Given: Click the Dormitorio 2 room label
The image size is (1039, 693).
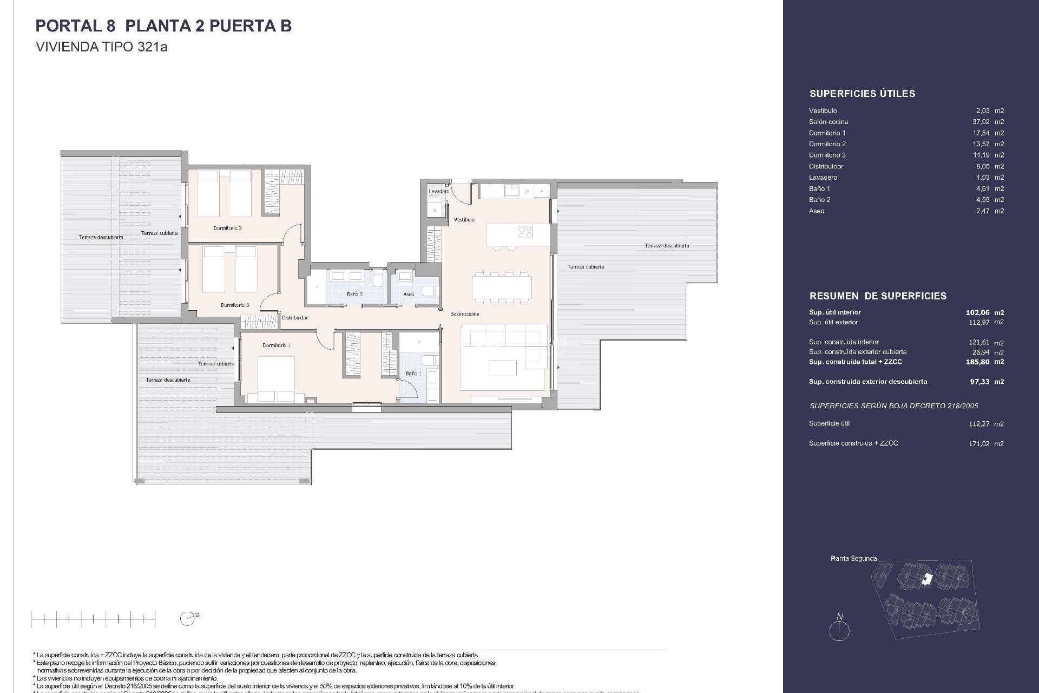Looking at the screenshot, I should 227,228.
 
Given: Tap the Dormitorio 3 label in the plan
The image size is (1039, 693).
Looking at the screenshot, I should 235,305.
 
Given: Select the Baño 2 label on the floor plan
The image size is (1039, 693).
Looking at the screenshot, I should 354,294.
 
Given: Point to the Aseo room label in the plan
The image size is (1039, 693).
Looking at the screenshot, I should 409,295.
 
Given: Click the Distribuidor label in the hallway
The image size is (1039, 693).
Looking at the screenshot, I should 294,318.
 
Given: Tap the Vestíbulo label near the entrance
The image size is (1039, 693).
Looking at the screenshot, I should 464,219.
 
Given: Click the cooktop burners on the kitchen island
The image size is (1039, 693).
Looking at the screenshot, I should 525,232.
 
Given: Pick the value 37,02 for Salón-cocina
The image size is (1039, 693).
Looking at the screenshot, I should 981,122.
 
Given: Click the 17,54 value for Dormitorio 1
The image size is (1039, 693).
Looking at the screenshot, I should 981,133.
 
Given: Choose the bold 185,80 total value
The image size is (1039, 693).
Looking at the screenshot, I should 977,362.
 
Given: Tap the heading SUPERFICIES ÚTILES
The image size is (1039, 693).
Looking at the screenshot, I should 862,94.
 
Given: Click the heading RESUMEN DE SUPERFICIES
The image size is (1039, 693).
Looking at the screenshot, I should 878,296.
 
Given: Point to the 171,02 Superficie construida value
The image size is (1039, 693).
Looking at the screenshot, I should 978,444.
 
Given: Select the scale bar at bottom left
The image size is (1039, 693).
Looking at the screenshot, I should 94,618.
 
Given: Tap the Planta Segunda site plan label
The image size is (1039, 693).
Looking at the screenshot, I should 853,558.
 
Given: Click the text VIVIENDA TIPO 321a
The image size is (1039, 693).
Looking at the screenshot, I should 101,47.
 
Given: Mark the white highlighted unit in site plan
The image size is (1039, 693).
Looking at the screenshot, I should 927,579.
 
